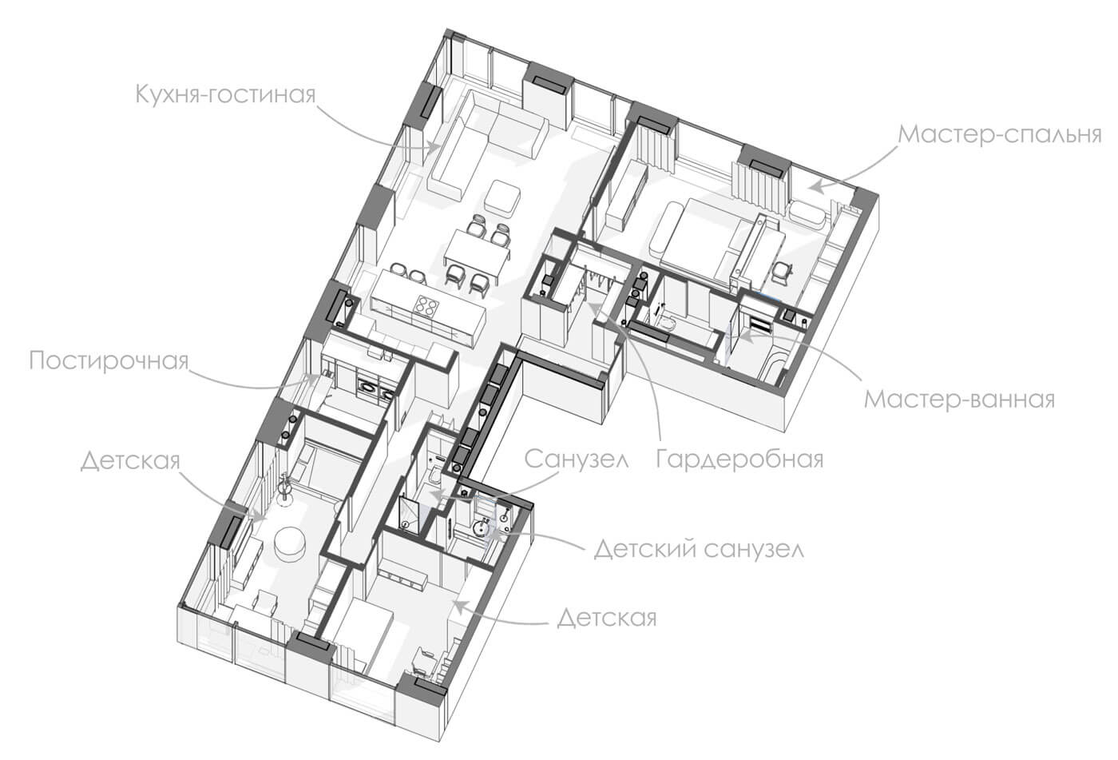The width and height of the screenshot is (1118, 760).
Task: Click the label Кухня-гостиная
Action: click(x=225, y=94)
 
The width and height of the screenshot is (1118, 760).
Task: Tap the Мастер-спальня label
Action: click(x=1000, y=135)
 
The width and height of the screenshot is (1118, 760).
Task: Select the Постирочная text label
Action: click(x=109, y=360)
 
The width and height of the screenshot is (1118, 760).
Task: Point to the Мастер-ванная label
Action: click(x=959, y=400)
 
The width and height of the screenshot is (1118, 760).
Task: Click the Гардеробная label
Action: click(x=739, y=459)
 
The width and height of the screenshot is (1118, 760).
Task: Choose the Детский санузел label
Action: click(x=699, y=550)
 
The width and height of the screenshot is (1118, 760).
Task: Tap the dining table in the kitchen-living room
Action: click(x=478, y=256)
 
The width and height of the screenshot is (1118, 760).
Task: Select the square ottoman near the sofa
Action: click(x=504, y=196)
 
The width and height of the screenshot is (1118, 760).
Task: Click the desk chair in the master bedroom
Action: click(x=783, y=273)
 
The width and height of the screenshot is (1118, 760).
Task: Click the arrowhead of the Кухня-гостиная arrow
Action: click(x=433, y=146)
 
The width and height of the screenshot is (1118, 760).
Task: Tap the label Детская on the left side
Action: click(x=130, y=461)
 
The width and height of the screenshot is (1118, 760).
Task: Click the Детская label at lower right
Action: click(x=606, y=619)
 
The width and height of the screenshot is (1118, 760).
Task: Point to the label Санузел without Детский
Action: click(x=577, y=459)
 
